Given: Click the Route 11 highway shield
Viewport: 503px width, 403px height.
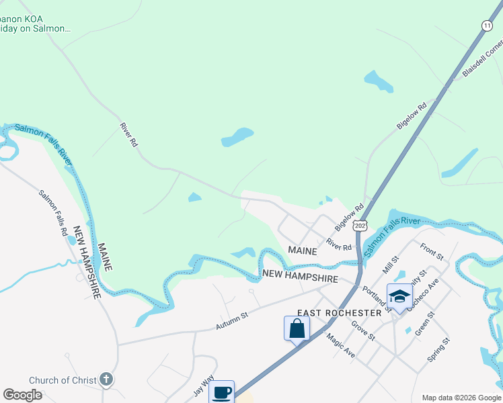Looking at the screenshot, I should pos(487,25).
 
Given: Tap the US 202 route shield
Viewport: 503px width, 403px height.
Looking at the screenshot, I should pos(360,226).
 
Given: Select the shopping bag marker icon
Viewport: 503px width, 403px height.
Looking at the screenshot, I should pos(297,329).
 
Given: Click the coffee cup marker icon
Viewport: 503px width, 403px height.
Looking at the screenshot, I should pos(222,392).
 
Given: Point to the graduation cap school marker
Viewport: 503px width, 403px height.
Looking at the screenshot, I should pos(399,296).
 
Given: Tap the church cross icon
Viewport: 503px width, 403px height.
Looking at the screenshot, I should pos(106,380).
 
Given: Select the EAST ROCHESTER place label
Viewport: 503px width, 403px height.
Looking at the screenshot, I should pos(340,313).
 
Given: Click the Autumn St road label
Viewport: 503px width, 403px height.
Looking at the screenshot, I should pos(232,320).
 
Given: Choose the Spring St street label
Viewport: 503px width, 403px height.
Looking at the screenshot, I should pos(437,351).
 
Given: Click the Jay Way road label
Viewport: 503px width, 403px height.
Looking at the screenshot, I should pos(203,386).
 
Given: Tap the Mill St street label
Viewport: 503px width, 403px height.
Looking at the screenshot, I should pos(391,264).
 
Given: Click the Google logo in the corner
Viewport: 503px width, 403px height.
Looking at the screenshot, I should pos(22,395).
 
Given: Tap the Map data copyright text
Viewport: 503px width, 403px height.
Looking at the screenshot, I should pos(461,398).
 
